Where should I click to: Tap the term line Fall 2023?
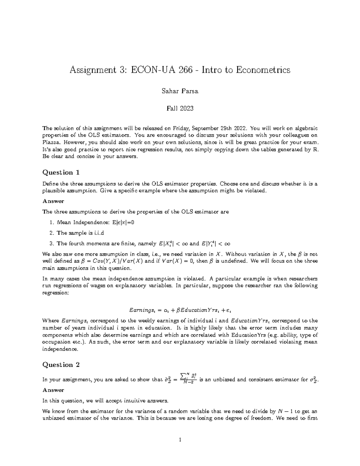[x=180, y=108]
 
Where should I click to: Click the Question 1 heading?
[x=61, y=173]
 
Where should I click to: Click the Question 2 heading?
[x=61, y=365]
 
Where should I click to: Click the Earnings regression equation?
[x=180, y=309]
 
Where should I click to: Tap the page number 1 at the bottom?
[x=180, y=440]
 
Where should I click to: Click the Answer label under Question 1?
[x=53, y=201]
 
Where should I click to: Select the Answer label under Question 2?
[x=53, y=390]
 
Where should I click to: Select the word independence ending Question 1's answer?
[x=60, y=349]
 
